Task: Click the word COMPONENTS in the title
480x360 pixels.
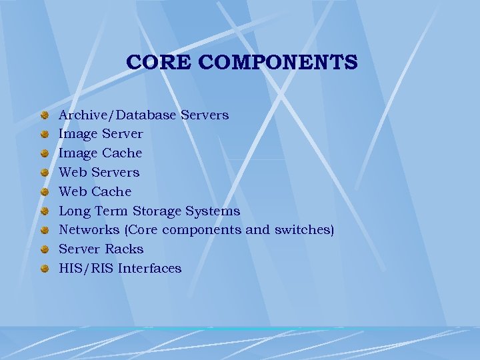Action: (278, 63)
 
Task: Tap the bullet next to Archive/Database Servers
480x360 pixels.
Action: (45, 115)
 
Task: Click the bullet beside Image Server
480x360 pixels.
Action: (45, 134)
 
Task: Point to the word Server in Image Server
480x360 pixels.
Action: (121, 134)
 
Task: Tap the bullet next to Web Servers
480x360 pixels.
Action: (45, 173)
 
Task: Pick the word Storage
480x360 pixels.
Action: (157, 211)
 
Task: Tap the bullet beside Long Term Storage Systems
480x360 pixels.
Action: (45, 211)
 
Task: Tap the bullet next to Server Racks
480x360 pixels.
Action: (45, 250)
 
